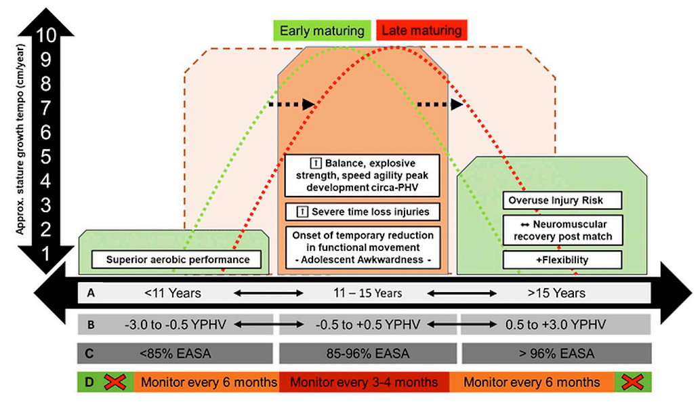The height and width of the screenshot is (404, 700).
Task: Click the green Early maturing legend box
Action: click(x=322, y=31)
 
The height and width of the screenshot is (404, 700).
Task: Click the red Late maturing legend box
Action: click(x=421, y=31)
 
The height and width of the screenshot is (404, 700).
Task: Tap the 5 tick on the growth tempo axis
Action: click(x=47, y=157)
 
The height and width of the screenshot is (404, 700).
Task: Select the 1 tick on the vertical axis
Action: click(x=47, y=253)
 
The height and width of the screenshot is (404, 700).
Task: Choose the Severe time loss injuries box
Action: click(x=363, y=211)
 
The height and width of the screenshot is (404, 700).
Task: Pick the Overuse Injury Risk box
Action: click(x=562, y=201)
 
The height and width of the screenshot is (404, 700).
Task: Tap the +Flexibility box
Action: click(x=562, y=260)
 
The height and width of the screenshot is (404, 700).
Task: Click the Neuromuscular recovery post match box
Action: click(x=562, y=230)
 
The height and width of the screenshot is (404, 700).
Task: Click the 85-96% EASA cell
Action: click(x=366, y=353)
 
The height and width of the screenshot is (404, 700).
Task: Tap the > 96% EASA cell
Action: click(x=556, y=353)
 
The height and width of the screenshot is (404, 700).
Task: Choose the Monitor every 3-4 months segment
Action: click(x=364, y=382)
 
